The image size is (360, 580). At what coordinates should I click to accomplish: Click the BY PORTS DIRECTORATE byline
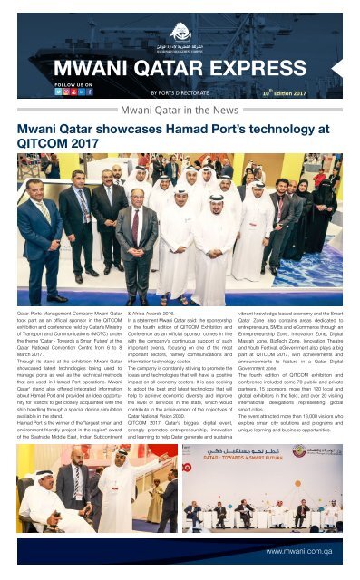pyautogui.click(x=180, y=92)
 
